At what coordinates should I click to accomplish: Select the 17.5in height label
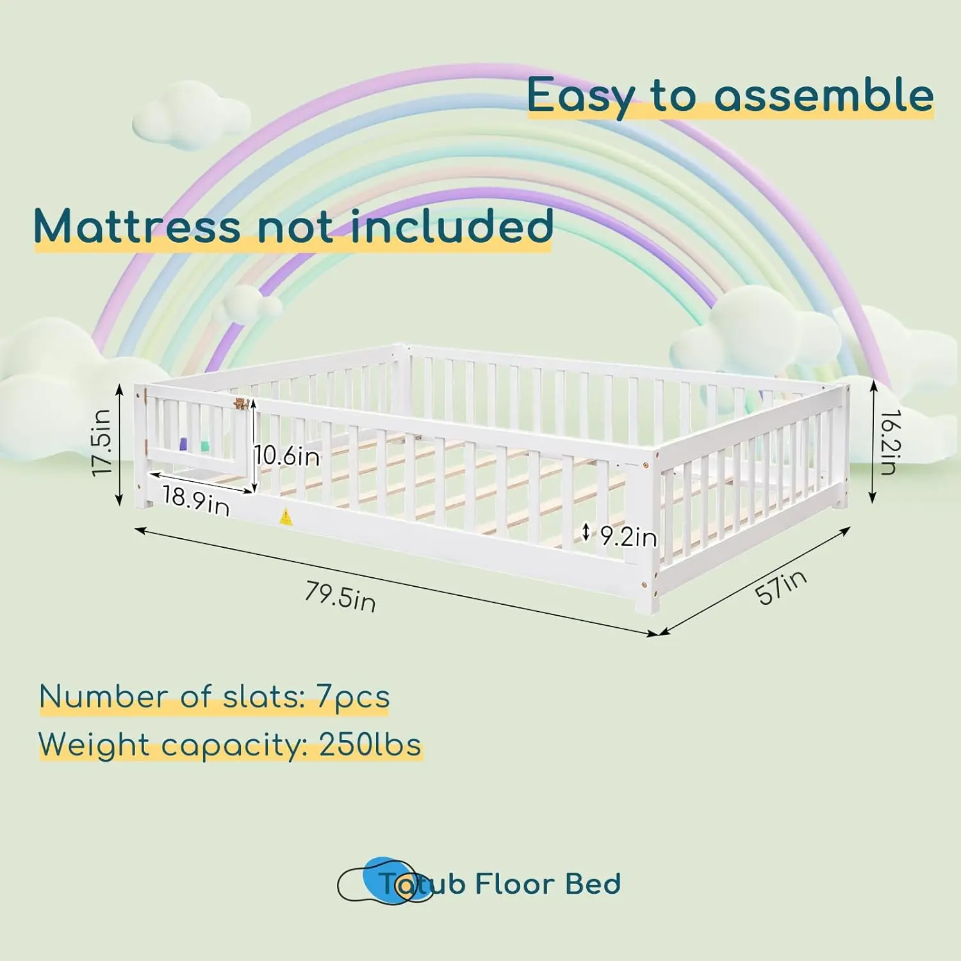103,442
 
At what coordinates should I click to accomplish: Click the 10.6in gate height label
288,456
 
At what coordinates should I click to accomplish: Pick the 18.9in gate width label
195,500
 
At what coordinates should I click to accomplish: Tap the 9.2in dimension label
628,537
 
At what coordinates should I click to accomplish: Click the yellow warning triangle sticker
286,516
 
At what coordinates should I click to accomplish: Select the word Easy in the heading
580,96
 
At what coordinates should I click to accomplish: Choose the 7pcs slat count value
353,696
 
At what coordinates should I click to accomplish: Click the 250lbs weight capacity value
370,745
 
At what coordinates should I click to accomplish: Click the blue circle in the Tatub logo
388,879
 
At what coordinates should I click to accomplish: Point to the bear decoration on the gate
241,404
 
